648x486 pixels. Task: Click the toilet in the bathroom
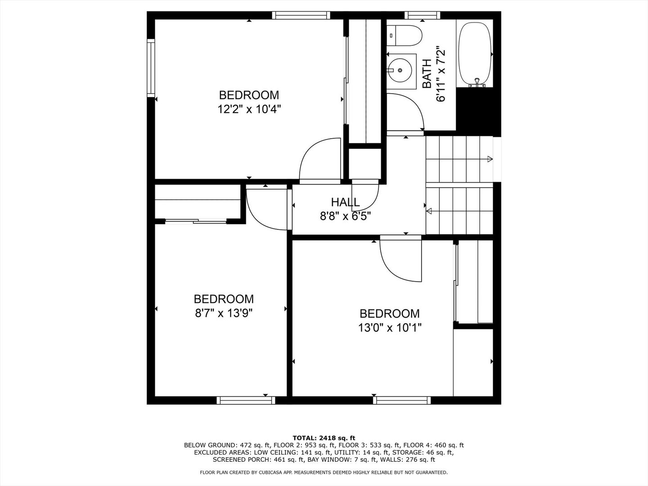coord(404,36)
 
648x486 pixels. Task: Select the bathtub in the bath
coord(474,54)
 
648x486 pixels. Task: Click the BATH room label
coord(427,73)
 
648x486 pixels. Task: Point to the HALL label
coord(345,202)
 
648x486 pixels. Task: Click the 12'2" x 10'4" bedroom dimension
coord(249,109)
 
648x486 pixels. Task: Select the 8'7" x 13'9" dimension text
coord(224,313)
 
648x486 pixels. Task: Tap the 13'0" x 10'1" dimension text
coord(390,328)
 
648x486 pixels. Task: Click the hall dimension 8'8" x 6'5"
coord(345,216)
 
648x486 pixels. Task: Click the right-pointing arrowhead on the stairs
coord(490,159)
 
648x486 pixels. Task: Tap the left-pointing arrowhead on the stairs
coord(429,211)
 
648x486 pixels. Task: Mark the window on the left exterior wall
coord(151,68)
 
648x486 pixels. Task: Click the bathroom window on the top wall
coord(422,15)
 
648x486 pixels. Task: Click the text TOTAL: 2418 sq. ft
coord(324,438)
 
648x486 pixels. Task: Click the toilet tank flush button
coord(391,36)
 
